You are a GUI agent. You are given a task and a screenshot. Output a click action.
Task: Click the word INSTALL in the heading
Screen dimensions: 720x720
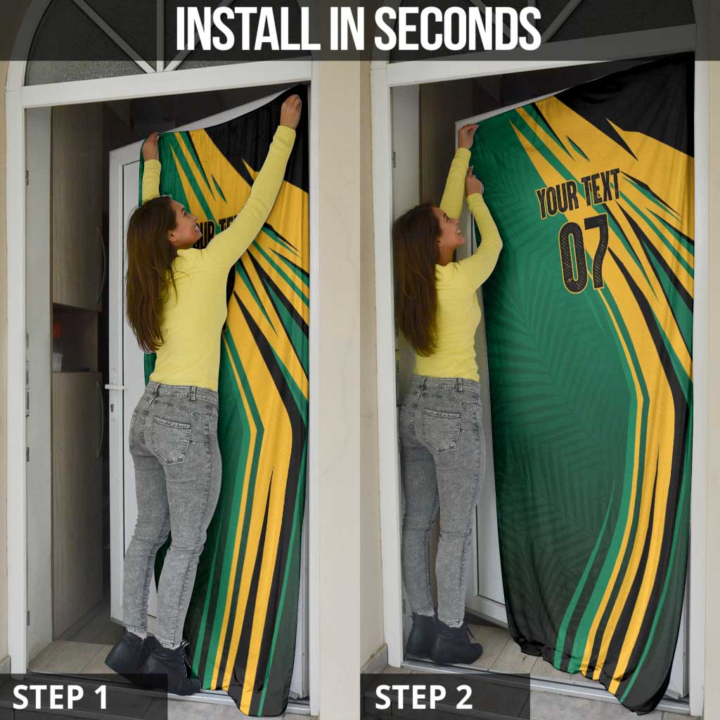click(x=248, y=28)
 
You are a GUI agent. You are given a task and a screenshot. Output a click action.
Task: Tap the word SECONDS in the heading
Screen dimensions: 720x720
click(x=458, y=28)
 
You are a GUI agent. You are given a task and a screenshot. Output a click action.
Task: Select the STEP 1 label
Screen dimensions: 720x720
click(x=60, y=697)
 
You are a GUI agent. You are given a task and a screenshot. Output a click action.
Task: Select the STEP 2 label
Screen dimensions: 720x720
click(x=423, y=697)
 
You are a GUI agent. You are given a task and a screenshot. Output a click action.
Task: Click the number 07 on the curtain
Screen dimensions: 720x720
click(x=584, y=253)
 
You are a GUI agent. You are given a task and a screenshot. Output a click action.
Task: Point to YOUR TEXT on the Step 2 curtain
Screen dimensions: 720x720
click(x=578, y=193)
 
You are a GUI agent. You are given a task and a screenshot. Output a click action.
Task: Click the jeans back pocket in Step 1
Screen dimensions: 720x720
click(x=172, y=439)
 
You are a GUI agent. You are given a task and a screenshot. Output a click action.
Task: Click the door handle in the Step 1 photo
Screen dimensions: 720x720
click(x=114, y=387)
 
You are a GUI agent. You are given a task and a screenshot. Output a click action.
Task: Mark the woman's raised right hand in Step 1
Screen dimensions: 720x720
click(x=290, y=111)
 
